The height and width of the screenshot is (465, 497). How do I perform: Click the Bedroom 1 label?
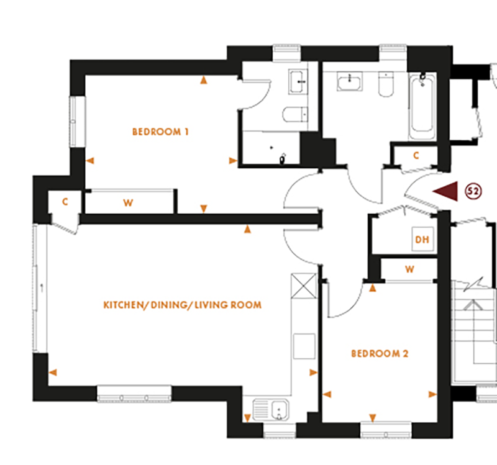(x=160, y=132)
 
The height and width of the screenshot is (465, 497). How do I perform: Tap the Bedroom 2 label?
(x=380, y=354)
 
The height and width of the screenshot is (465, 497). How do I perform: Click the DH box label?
(x=422, y=239)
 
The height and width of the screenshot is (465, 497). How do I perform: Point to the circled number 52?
(x=472, y=192)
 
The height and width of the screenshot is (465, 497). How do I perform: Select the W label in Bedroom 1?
(x=129, y=202)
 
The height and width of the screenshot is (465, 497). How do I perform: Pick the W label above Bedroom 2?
(x=409, y=269)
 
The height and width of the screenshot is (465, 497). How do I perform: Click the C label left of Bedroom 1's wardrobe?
(x=65, y=202)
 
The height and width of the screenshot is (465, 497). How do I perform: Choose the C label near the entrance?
(x=416, y=155)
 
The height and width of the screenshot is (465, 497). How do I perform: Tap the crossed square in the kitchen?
(x=305, y=287)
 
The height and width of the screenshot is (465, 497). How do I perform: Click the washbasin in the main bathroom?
(x=350, y=81)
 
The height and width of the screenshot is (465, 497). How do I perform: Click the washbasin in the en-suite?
(x=299, y=81)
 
